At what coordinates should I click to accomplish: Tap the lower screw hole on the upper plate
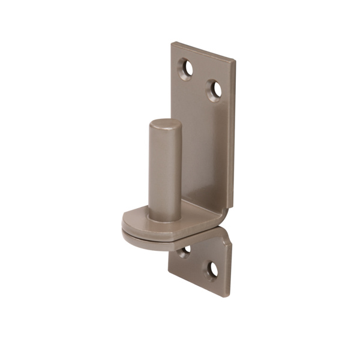(x=214, y=90)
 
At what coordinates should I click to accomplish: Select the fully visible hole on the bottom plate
(x=212, y=270)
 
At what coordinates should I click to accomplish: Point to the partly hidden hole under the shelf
(x=185, y=250)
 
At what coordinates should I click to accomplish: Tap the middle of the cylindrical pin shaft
(x=165, y=171)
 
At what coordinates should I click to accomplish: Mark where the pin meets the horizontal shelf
(x=165, y=218)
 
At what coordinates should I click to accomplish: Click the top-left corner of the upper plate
(x=173, y=43)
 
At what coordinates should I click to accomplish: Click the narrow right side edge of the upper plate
(x=232, y=132)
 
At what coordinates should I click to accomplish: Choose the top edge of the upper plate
(x=204, y=51)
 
